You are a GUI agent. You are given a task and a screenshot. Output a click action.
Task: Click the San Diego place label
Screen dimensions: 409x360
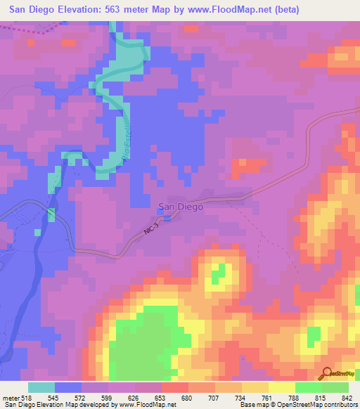pos(180,207)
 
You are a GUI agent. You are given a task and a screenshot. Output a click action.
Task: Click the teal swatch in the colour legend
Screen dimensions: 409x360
pos(41,387)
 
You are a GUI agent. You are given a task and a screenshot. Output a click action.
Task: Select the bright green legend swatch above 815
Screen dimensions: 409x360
pos(308,387)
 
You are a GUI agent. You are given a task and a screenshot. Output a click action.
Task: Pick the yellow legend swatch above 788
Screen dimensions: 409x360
pos(282,387)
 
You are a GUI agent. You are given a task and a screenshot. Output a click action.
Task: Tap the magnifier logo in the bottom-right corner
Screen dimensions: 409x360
pos(326,375)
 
